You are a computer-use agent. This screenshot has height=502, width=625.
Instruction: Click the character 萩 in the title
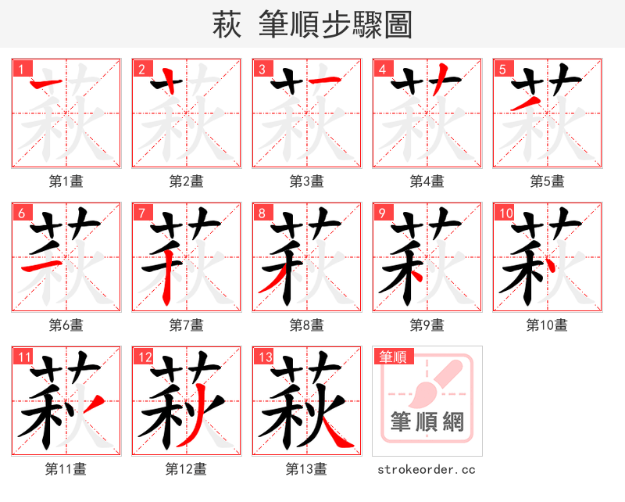click(x=227, y=25)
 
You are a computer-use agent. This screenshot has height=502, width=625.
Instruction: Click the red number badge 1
click(x=20, y=69)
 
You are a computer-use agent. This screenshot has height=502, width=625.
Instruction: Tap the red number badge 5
click(x=502, y=69)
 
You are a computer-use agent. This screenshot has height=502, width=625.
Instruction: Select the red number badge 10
click(x=504, y=213)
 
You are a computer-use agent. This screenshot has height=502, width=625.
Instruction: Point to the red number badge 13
click(x=263, y=357)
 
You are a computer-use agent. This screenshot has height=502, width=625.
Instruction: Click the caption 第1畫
click(x=66, y=181)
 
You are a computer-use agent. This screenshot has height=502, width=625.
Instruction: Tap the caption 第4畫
click(x=427, y=181)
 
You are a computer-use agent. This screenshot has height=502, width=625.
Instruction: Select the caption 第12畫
click(x=187, y=469)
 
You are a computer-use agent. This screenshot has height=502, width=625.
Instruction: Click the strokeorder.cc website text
click(x=427, y=469)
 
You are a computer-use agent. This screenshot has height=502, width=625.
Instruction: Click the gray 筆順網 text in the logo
click(x=427, y=423)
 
